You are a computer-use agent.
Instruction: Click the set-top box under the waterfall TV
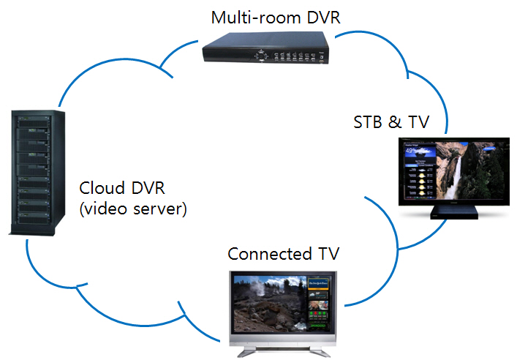[x=453, y=212]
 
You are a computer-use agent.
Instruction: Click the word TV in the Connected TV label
[x=330, y=254]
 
